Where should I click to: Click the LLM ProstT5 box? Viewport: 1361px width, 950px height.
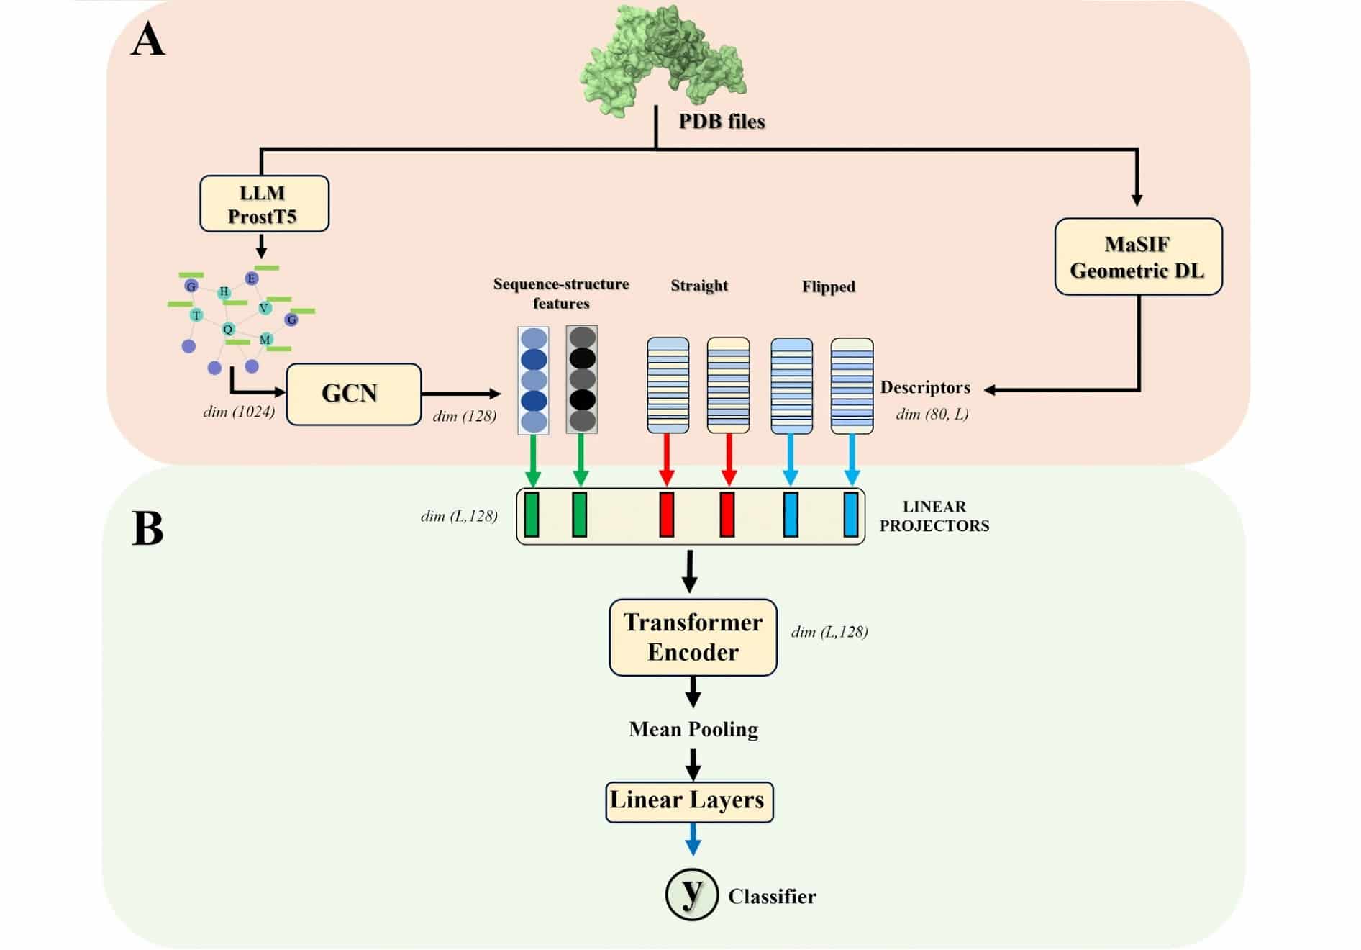coord(264,204)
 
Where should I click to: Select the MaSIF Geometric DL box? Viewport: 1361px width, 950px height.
coord(1138,257)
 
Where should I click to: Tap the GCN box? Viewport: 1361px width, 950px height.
coord(353,394)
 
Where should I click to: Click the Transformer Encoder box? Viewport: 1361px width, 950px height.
coord(693,637)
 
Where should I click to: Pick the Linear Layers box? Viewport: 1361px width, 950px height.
coord(689,801)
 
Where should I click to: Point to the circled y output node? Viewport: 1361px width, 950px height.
coord(691,894)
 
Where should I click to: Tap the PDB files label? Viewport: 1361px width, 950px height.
coord(722,121)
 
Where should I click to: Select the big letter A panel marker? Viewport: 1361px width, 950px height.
coord(148,40)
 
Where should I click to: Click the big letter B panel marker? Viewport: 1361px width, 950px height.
coord(148,530)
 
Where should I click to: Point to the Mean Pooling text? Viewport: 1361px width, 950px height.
coord(693,729)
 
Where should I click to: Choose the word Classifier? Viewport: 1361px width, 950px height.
coord(772,896)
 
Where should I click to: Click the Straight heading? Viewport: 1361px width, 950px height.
coord(699,286)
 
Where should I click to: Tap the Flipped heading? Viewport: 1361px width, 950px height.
coord(829,286)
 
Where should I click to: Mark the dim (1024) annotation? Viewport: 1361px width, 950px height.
coord(239,412)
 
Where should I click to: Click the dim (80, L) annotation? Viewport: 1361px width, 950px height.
coord(932,414)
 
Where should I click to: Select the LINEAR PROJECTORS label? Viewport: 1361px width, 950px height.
coord(934,516)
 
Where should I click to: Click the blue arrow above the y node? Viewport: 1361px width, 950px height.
coord(693,838)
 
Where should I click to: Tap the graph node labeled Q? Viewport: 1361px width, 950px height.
coord(228,329)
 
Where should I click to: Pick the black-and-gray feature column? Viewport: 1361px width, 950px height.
coord(582,379)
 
